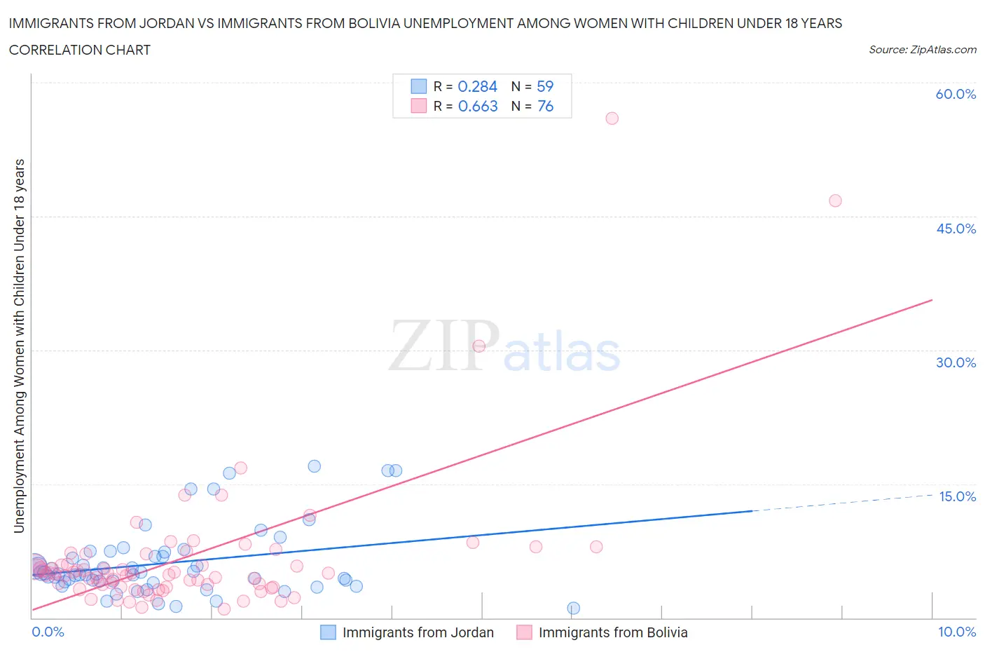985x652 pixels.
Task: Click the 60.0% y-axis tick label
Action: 956,94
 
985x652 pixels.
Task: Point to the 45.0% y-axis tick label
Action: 956,229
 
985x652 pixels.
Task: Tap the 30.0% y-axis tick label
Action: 956,362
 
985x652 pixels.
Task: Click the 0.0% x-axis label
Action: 48,632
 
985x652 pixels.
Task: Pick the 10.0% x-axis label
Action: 957,632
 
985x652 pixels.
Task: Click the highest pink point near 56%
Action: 612,118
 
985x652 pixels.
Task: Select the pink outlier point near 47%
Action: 835,201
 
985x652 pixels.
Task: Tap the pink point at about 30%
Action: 479,346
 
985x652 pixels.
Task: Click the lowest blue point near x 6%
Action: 574,608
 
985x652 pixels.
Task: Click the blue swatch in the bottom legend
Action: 328,632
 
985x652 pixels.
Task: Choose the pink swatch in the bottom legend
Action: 524,632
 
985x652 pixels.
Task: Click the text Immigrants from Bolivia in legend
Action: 613,632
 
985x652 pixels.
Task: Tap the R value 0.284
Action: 477,86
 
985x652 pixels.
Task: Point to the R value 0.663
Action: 478,106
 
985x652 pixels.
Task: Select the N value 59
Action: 545,86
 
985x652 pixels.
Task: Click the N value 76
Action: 545,106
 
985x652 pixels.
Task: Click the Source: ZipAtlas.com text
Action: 922,49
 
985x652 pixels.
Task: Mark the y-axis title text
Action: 19,346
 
